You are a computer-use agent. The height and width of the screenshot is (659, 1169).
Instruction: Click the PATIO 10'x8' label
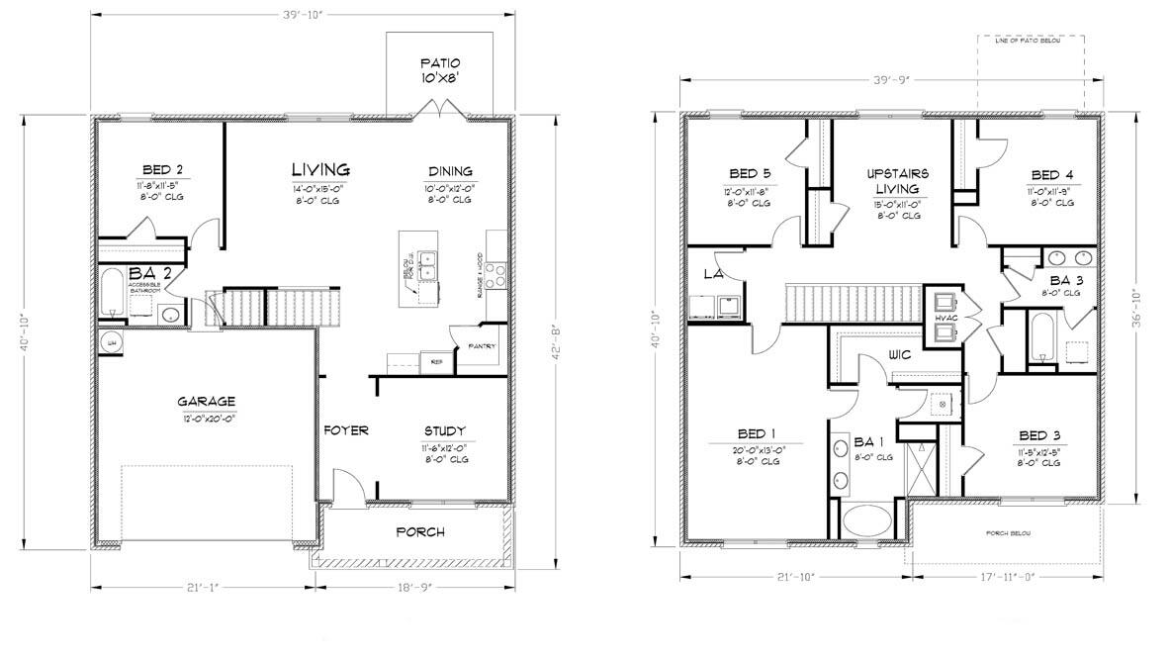[x=440, y=69]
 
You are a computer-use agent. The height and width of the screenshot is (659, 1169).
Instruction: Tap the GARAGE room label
[x=206, y=402]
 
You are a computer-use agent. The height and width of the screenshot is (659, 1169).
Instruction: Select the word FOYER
[x=346, y=430]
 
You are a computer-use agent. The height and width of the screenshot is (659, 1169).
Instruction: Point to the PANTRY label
[x=482, y=346]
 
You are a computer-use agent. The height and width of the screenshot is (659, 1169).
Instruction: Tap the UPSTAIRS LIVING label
[x=897, y=181]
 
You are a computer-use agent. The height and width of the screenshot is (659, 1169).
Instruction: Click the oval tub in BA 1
[x=866, y=521]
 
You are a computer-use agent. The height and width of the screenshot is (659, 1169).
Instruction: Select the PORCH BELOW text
[x=1008, y=533]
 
